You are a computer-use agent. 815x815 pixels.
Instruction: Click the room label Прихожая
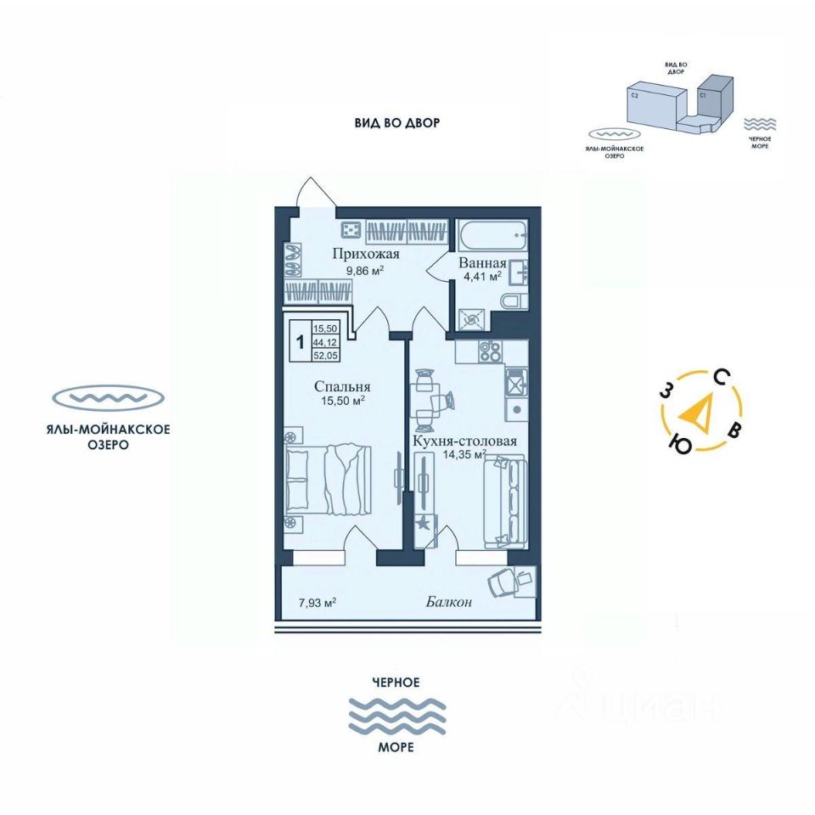click(366, 254)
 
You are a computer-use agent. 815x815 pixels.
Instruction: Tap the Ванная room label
click(483, 262)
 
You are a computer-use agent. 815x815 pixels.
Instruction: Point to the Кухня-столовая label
click(464, 441)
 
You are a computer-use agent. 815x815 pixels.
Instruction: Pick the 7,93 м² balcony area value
click(317, 603)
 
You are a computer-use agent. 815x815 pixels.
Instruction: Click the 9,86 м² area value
click(365, 271)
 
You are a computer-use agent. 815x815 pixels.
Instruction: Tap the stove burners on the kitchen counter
click(491, 350)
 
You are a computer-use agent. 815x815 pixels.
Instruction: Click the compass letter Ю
click(679, 443)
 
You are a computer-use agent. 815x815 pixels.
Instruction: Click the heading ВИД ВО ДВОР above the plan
click(397, 123)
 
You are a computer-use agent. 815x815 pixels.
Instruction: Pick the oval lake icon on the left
click(107, 397)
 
